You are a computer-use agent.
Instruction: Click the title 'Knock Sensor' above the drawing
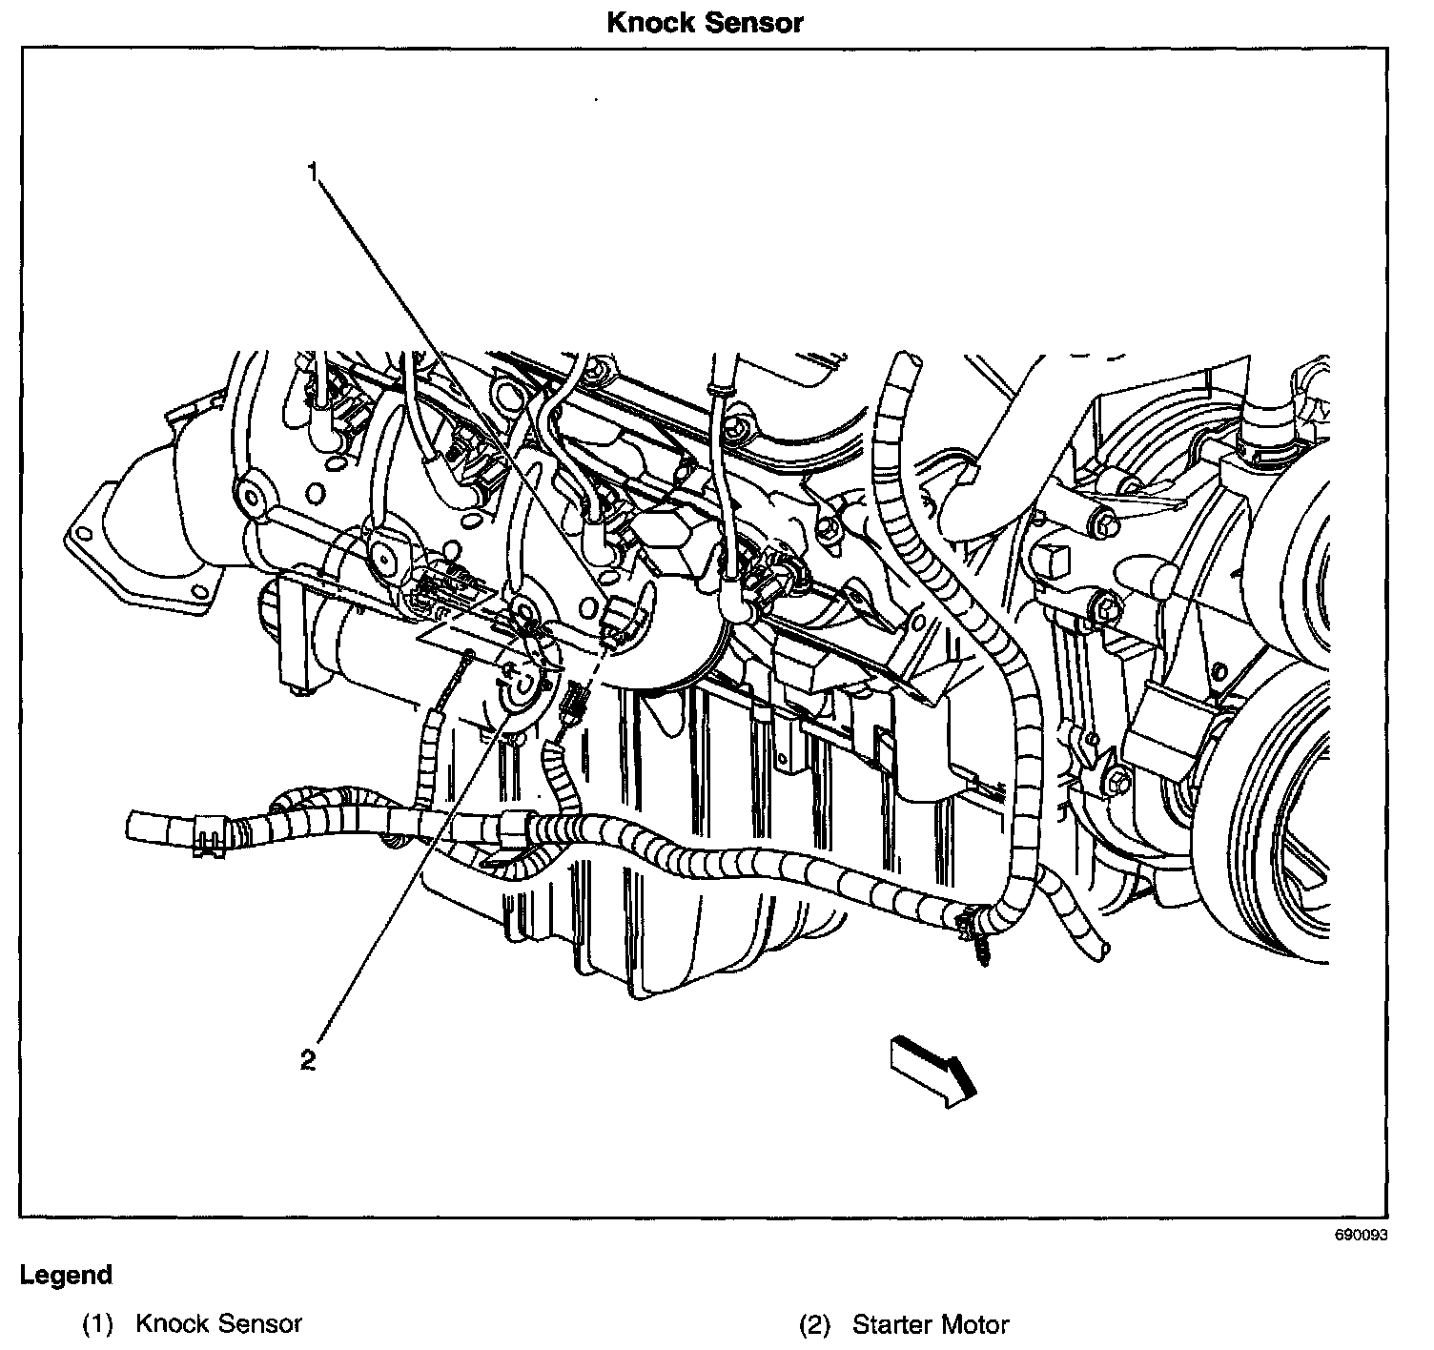click(705, 22)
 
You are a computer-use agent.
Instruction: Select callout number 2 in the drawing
click(308, 1060)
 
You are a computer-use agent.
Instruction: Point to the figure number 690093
click(1361, 1236)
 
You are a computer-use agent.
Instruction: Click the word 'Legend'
click(66, 1275)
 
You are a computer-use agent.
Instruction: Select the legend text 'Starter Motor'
click(930, 1324)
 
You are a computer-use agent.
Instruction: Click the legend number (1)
click(98, 1324)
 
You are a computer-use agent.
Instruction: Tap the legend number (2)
click(815, 1324)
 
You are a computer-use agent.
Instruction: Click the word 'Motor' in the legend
click(971, 1324)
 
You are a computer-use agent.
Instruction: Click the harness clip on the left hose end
click(211, 837)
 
